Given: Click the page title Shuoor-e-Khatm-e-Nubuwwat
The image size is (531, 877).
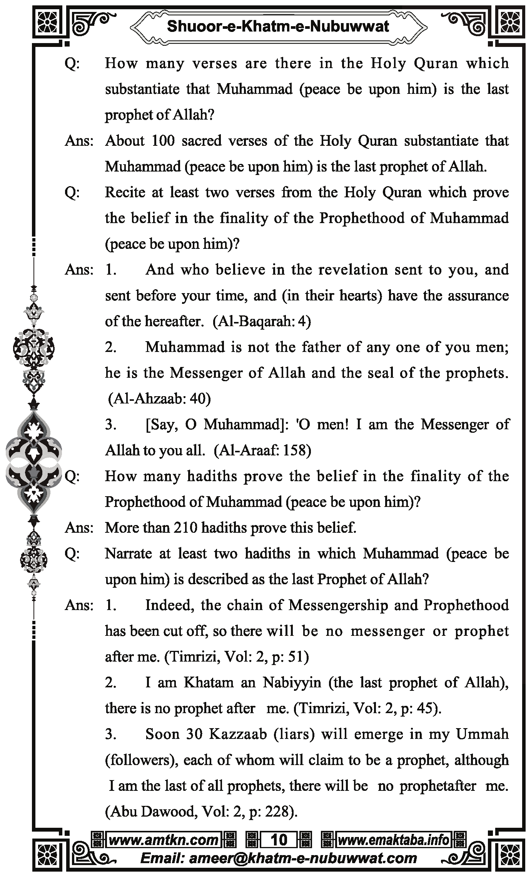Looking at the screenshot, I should click(278, 27).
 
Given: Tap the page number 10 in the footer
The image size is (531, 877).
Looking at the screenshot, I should click(279, 840).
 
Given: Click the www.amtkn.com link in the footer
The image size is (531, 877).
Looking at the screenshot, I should click(164, 840).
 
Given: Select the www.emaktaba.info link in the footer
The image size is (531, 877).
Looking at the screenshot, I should click(393, 840).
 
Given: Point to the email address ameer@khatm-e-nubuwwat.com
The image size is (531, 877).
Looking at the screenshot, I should click(279, 858).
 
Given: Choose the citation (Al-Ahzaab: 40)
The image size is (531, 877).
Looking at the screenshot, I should click(159, 399).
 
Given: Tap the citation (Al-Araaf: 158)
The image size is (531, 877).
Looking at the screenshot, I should click(262, 450).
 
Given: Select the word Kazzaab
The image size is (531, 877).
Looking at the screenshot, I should click(238, 734).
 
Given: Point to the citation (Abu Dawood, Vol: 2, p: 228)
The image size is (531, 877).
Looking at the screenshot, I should click(201, 812).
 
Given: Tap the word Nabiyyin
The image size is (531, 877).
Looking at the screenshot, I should click(292, 683).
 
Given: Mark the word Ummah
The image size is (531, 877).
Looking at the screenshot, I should click(482, 734).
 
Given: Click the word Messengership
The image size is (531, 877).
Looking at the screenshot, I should click(338, 605).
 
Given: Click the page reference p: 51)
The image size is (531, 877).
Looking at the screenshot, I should click(290, 657).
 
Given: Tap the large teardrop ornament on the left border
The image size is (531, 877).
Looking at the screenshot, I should click(34, 462).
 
